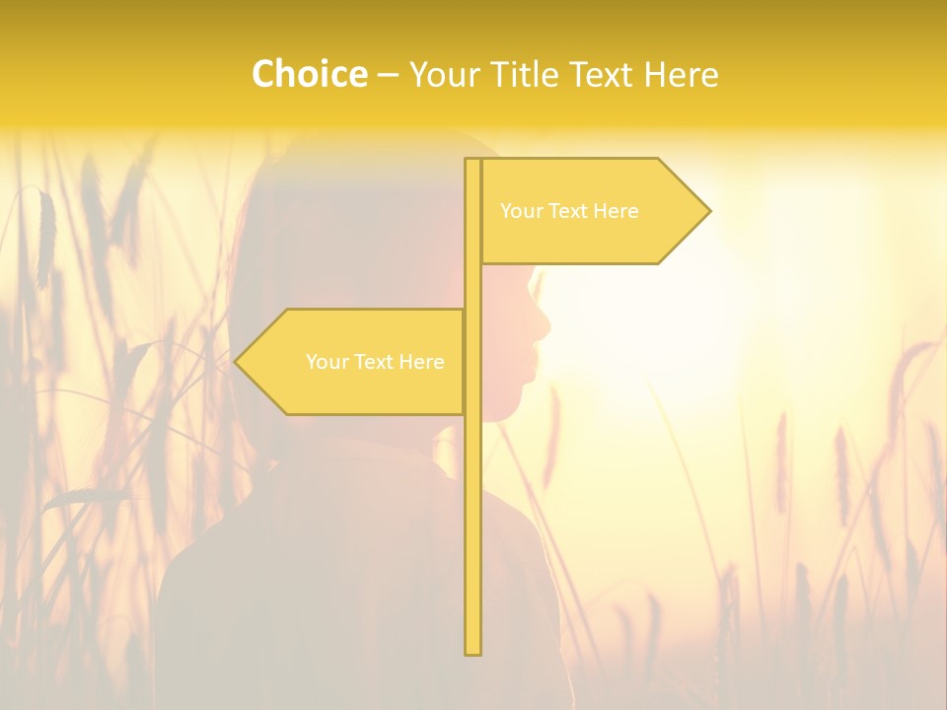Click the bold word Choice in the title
pos(309,74)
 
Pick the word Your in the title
pos(443,74)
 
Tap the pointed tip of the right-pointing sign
pos(707,211)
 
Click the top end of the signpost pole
pos(473,162)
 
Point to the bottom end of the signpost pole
pos(473,651)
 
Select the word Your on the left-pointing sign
pos(326,362)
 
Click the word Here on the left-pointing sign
pos(421,362)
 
